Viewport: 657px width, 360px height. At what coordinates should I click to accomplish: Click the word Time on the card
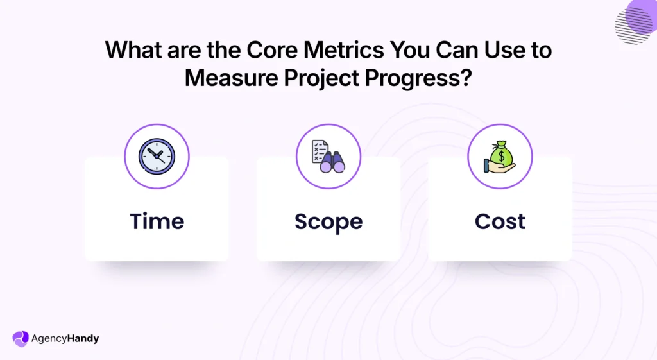tap(157, 221)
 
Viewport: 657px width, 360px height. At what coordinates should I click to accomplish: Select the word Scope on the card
tap(328, 221)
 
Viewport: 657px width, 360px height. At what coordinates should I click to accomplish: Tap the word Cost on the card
tap(500, 221)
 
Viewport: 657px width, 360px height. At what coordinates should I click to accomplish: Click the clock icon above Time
tap(157, 156)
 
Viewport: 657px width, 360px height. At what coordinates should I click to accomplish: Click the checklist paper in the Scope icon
tap(320, 151)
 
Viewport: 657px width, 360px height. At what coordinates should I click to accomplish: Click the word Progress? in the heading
tap(420, 78)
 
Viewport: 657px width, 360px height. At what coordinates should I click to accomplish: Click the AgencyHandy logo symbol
tap(21, 338)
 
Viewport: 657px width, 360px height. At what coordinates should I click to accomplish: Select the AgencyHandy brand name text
tap(65, 338)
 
